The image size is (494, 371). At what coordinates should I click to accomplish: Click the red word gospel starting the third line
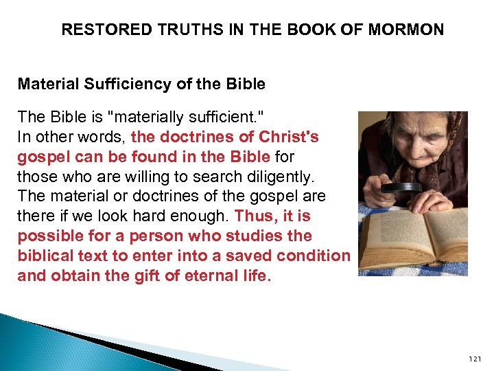click(38, 157)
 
